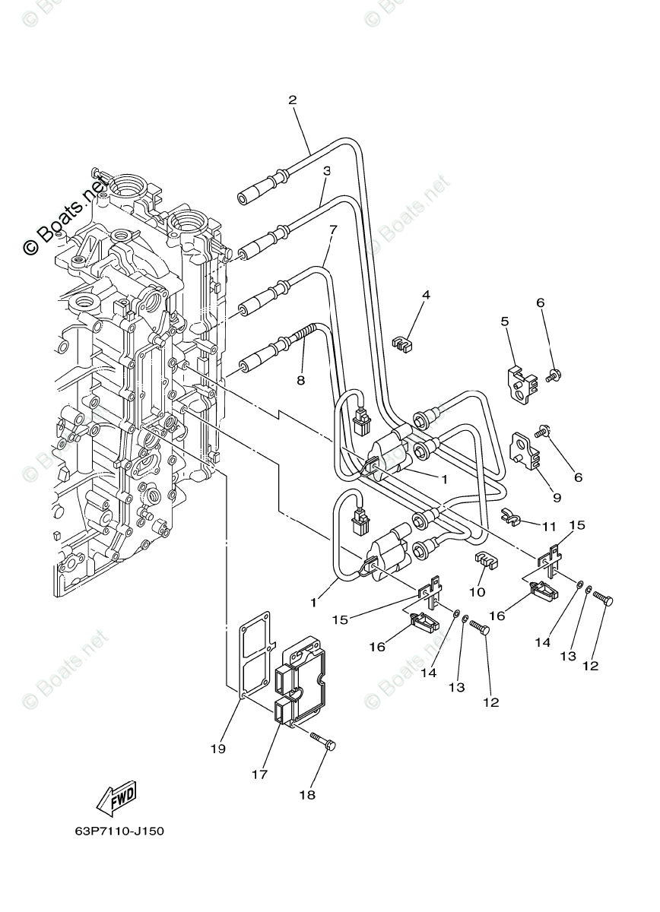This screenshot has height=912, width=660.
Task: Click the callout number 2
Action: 292,100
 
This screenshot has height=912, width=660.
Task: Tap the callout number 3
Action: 326,171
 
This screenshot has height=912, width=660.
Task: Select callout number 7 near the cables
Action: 332,229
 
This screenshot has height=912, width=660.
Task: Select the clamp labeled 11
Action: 512,519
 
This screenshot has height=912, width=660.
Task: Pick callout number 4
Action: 426,295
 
